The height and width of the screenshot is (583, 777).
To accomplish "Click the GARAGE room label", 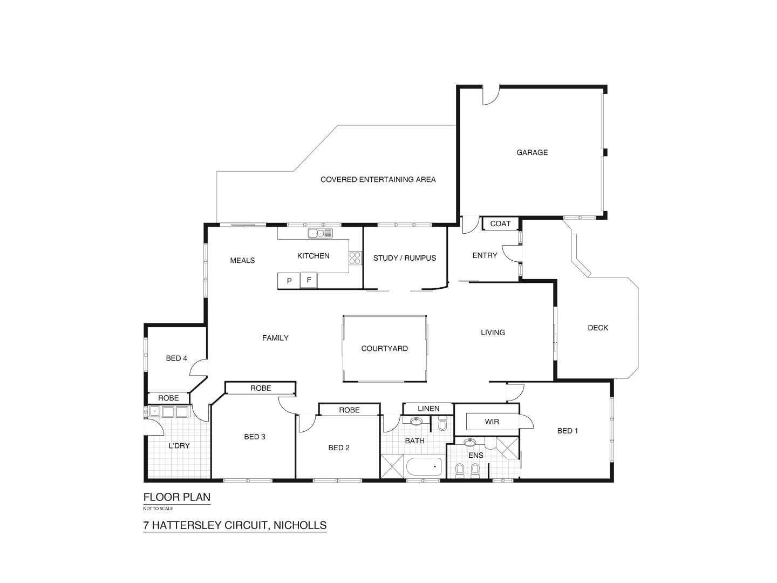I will click(x=532, y=153).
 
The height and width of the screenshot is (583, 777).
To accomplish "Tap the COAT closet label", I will click(x=500, y=223).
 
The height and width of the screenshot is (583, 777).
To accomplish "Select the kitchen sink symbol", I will click(x=320, y=233).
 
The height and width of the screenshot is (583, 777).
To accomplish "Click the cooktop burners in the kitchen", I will click(x=355, y=258).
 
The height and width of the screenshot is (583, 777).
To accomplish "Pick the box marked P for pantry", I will click(x=289, y=281).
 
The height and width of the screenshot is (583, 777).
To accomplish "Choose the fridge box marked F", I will click(x=309, y=280).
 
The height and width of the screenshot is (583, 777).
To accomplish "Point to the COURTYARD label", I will click(x=384, y=349).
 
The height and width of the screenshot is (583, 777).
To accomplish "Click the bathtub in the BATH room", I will click(x=424, y=467).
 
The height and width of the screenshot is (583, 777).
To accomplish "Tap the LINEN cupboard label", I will click(x=428, y=409).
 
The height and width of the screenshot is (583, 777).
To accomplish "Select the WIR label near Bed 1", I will click(x=492, y=422).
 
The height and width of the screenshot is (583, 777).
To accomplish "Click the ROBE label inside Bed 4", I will click(x=168, y=398).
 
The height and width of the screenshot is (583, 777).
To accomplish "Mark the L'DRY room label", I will click(x=179, y=446).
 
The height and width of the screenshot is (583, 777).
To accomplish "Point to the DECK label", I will click(x=598, y=328).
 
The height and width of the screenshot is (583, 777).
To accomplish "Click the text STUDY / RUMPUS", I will click(x=405, y=258).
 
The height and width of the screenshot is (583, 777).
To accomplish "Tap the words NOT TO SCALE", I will click(x=158, y=509).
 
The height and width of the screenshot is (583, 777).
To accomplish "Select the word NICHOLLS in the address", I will click(x=301, y=525).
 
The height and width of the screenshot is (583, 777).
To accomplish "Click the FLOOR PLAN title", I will click(x=177, y=497).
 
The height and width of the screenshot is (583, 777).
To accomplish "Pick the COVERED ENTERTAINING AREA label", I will click(x=378, y=180).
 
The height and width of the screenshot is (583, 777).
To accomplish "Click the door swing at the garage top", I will click(x=490, y=96).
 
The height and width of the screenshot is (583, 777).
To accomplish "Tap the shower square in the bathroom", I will click(x=392, y=466).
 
